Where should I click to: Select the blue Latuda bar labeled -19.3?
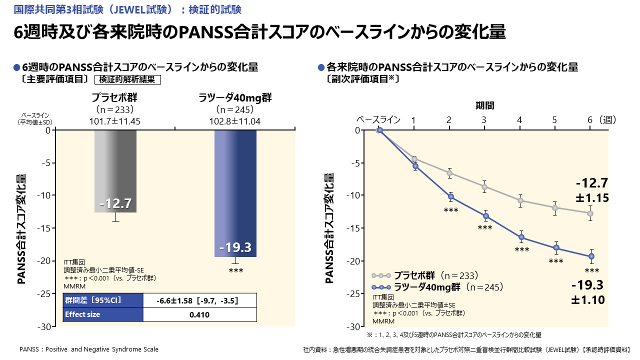click(x=235, y=193)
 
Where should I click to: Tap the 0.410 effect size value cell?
click(x=199, y=314)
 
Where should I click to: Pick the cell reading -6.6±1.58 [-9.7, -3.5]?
click(x=199, y=300)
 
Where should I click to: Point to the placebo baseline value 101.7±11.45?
click(x=115, y=121)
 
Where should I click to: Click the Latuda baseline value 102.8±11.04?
click(x=235, y=121)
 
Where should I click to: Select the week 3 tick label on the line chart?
click(x=484, y=120)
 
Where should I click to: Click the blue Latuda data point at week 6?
click(x=591, y=256)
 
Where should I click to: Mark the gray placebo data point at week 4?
click(x=520, y=200)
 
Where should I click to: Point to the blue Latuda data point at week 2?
click(x=450, y=196)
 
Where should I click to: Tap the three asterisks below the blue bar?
click(x=235, y=271)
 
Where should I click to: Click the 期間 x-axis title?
click(x=484, y=105)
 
